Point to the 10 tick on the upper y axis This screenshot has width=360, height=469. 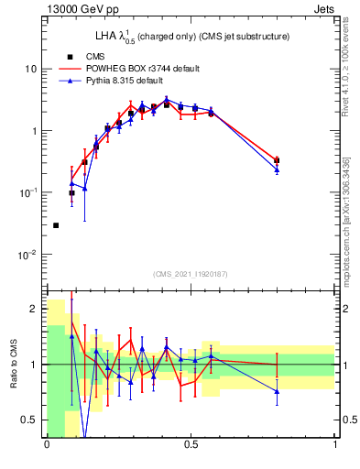click(x=32, y=69)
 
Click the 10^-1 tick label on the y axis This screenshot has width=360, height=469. click(x=28, y=193)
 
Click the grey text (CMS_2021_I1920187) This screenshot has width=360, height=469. click(x=191, y=274)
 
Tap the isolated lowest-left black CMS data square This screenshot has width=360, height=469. click(x=56, y=225)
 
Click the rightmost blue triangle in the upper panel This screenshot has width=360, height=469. click(x=277, y=169)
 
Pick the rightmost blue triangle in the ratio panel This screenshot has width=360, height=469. click(x=277, y=391)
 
